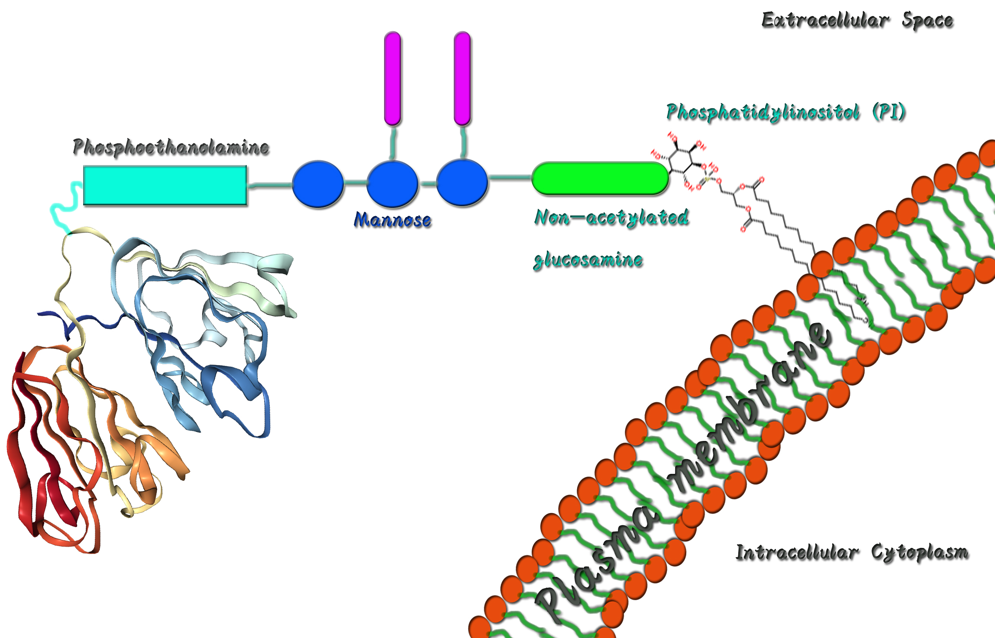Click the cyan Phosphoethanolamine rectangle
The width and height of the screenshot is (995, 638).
click(x=165, y=185)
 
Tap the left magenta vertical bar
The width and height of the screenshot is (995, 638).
click(x=392, y=78)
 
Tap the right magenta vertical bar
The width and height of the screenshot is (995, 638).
click(x=462, y=78)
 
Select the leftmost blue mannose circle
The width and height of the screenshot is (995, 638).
click(x=318, y=184)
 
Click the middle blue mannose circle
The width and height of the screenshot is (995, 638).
click(x=392, y=184)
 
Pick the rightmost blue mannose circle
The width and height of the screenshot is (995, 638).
click(x=462, y=183)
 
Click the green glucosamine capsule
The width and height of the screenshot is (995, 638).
click(x=600, y=178)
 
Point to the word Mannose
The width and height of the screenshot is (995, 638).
click(x=392, y=220)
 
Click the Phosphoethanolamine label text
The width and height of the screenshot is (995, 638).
click(x=171, y=147)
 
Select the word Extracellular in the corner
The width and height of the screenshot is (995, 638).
click(x=825, y=20)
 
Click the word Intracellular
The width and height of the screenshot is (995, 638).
click(x=797, y=552)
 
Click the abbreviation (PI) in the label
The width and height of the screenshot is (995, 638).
click(x=888, y=112)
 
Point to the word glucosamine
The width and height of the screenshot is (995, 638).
click(x=588, y=260)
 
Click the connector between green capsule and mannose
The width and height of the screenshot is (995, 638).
click(x=510, y=177)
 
